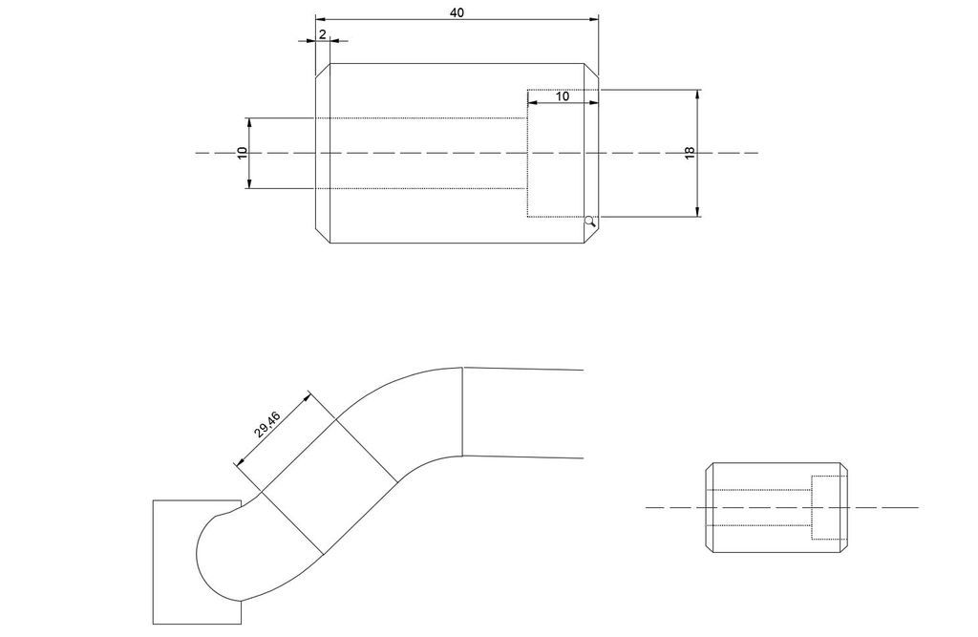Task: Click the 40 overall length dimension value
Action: [x=457, y=12]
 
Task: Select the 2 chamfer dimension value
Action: [x=323, y=34]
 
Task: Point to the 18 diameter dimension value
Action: [x=690, y=153]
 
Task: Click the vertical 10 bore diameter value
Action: [x=243, y=153]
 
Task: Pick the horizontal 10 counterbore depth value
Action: [x=562, y=96]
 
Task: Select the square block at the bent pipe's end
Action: [x=197, y=562]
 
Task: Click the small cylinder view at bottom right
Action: [x=776, y=507]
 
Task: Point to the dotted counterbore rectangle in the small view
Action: [x=829, y=507]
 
